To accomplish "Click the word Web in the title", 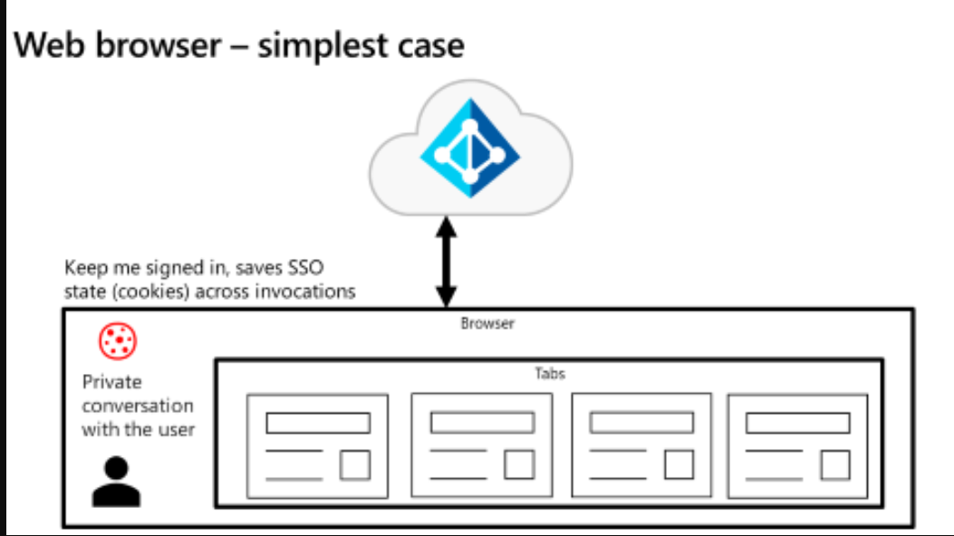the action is [49, 45].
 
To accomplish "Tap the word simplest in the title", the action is [323, 46].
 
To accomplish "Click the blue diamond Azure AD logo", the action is [470, 148].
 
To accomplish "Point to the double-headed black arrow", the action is [446, 262].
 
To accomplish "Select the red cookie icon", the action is [118, 340].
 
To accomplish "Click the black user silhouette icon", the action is [116, 482].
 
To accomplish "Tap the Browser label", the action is [487, 323].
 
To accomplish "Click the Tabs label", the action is [550, 373].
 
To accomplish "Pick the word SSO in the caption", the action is [305, 267].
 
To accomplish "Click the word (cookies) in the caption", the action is [151, 292].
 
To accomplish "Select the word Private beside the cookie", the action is [112, 382].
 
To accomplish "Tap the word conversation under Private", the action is [138, 406].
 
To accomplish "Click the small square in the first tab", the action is [355, 465].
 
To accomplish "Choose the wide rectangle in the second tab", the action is [483, 422].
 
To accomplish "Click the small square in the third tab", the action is [679, 464].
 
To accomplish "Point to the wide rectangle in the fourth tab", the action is [797, 423].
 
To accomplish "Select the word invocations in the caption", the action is [304, 292].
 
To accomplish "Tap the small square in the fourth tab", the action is [835, 465].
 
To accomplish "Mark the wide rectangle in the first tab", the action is [318, 423].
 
